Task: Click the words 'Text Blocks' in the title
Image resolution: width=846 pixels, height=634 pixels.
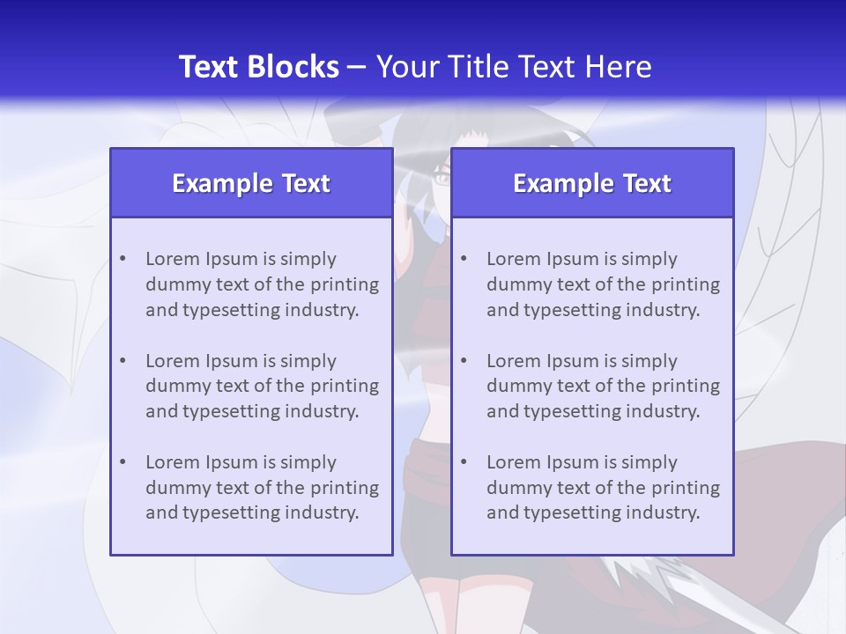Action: click(258, 67)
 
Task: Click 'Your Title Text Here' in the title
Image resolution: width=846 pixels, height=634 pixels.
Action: click(514, 67)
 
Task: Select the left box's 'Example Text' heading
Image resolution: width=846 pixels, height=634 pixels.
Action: click(251, 183)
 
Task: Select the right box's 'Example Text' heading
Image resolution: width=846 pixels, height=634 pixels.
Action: click(592, 183)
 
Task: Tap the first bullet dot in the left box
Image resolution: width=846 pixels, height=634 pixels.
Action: click(122, 259)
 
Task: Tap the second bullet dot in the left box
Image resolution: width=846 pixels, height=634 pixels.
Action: click(122, 361)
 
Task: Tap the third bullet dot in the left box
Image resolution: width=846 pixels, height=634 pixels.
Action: click(122, 462)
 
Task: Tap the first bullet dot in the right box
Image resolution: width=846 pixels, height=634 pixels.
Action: click(464, 259)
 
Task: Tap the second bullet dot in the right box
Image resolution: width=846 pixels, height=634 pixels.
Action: click(464, 361)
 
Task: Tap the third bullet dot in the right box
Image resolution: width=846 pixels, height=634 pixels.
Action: click(464, 462)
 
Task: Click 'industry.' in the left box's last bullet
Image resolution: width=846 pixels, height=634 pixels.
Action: click(323, 512)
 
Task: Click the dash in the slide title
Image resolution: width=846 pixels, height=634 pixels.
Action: click(357, 68)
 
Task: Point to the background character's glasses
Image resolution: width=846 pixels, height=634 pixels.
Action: click(440, 180)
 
